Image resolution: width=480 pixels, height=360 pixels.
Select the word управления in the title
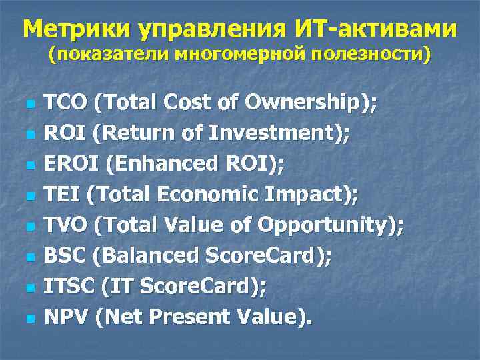204,29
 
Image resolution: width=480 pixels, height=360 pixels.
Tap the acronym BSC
65,257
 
